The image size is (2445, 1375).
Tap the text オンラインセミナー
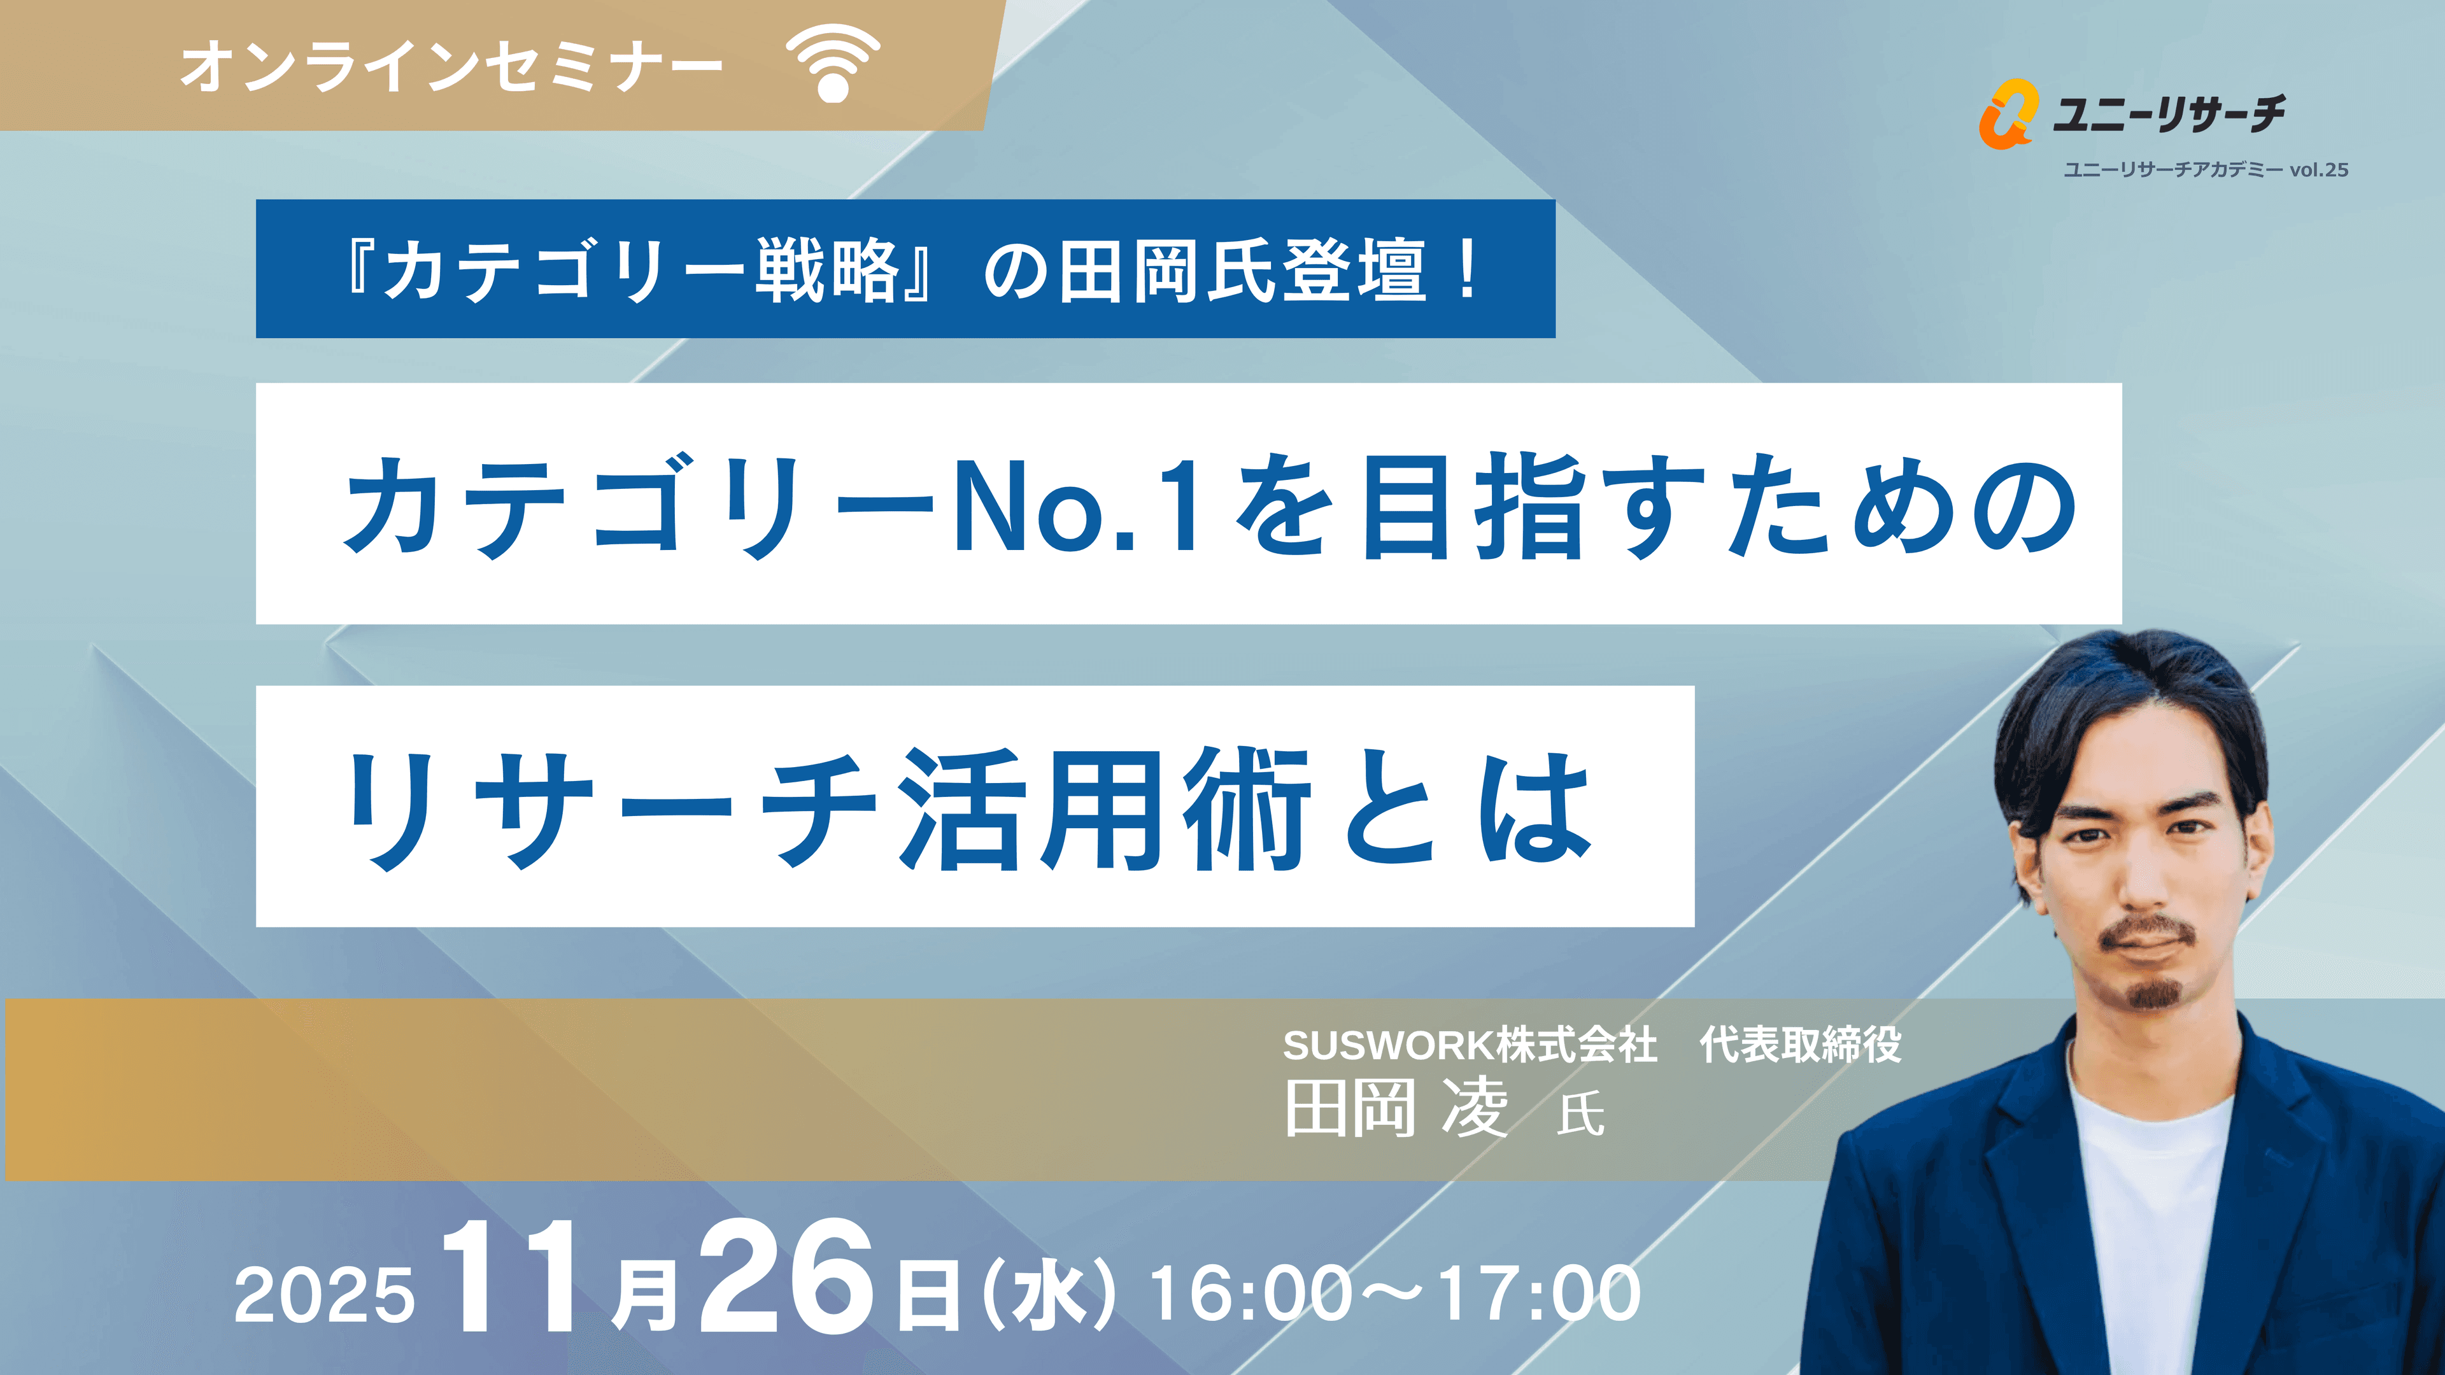452,66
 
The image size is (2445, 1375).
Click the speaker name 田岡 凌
1395,1108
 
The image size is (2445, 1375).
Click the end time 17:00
1540,1294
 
